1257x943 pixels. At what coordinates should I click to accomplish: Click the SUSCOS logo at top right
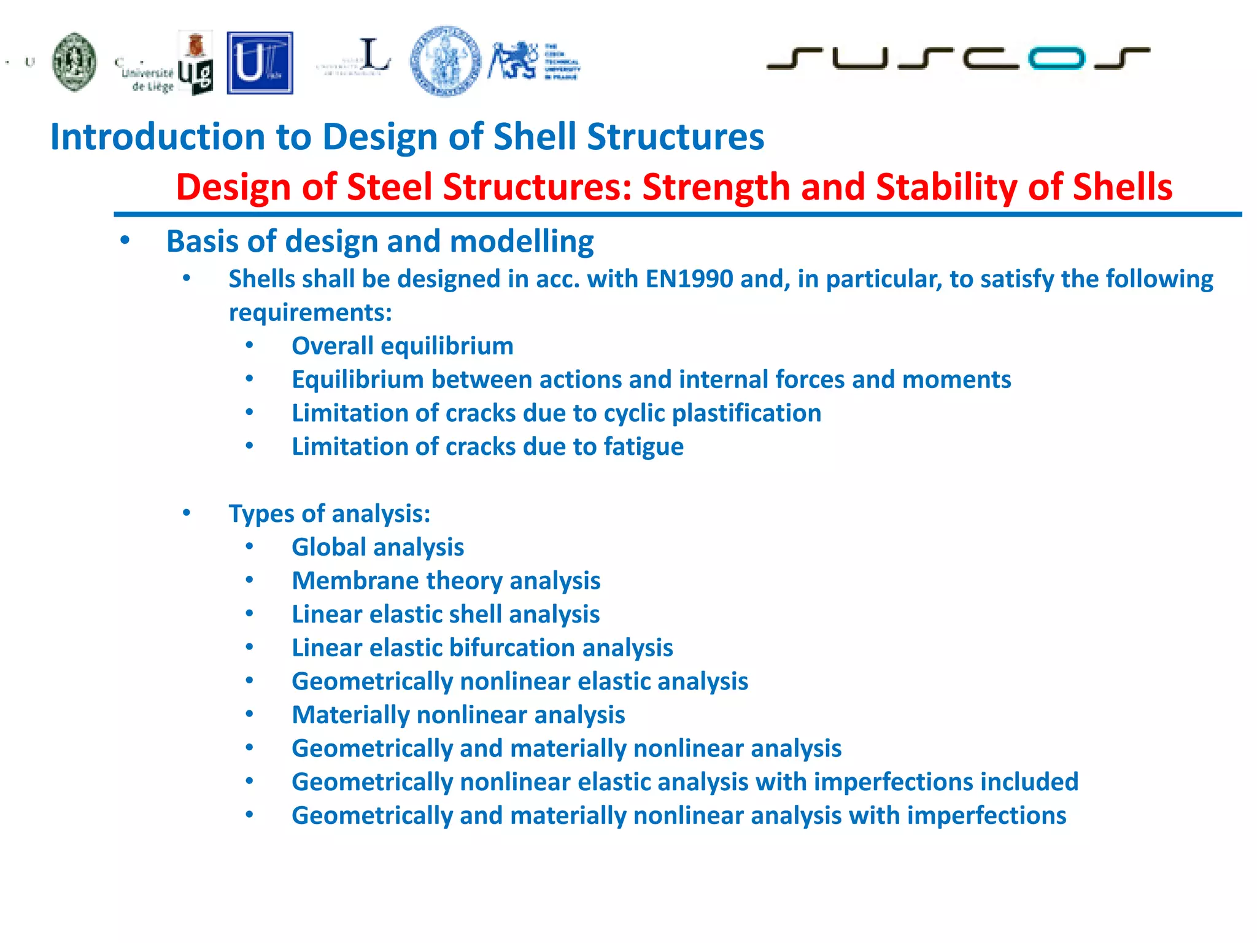click(957, 58)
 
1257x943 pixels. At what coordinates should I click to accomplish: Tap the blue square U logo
click(260, 63)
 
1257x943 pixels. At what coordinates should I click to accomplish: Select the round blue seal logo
click(446, 61)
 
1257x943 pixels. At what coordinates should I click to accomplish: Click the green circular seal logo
click(74, 62)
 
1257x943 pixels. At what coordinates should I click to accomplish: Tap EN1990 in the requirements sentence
click(689, 279)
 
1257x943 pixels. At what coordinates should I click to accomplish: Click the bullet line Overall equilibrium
click(402, 346)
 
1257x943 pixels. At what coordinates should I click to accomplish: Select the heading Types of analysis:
click(330, 514)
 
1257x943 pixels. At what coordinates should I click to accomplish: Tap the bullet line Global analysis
click(377, 548)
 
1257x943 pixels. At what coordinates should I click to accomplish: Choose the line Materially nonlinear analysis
click(458, 715)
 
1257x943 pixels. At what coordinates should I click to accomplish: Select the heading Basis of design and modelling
click(380, 241)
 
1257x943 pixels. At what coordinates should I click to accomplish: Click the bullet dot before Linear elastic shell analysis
click(249, 614)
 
